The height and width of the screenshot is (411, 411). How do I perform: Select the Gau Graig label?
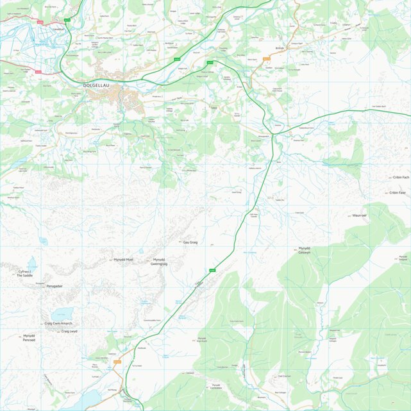point(191,242)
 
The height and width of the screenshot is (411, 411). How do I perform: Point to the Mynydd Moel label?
point(123,260)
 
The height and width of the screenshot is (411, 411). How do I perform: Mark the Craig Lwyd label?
point(69,331)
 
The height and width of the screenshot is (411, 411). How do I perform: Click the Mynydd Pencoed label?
point(29,337)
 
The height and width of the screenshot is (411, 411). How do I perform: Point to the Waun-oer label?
point(359,215)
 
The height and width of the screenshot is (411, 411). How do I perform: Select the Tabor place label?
point(214,108)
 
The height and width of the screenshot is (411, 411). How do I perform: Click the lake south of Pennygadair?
point(62,313)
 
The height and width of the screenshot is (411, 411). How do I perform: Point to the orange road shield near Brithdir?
point(266,58)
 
